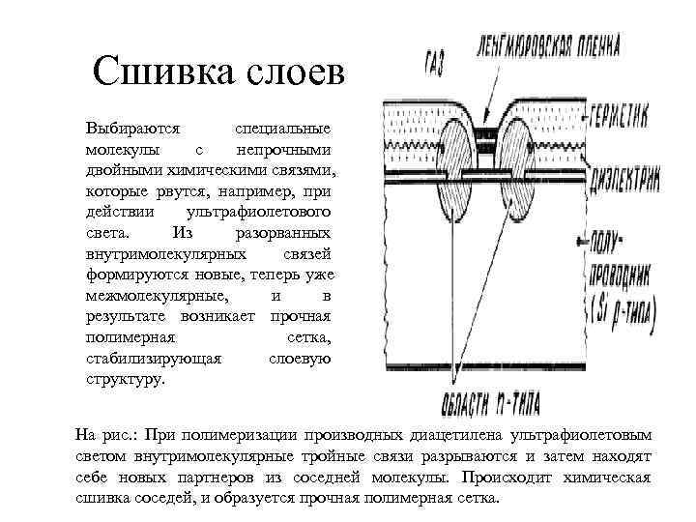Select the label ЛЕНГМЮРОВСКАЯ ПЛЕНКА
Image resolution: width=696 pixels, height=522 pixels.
coord(547,46)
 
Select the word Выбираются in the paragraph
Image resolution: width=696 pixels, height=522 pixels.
coord(128,129)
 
